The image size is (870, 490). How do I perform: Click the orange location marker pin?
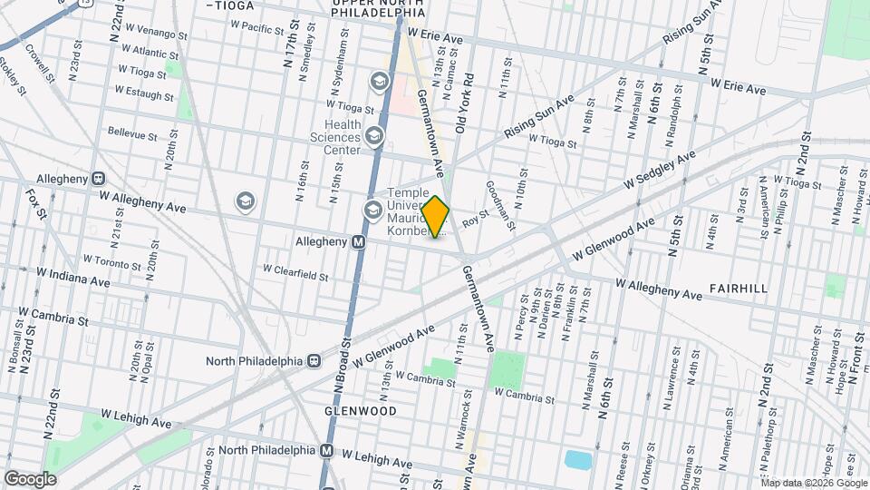(436, 217)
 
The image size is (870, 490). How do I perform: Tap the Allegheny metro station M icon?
(359, 242)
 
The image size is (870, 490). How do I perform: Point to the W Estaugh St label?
(144, 93)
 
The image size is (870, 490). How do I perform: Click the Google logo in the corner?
(30, 478)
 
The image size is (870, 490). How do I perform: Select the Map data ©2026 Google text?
(807, 482)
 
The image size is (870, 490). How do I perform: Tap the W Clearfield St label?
(295, 269)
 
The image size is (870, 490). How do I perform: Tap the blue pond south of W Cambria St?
(577, 459)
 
